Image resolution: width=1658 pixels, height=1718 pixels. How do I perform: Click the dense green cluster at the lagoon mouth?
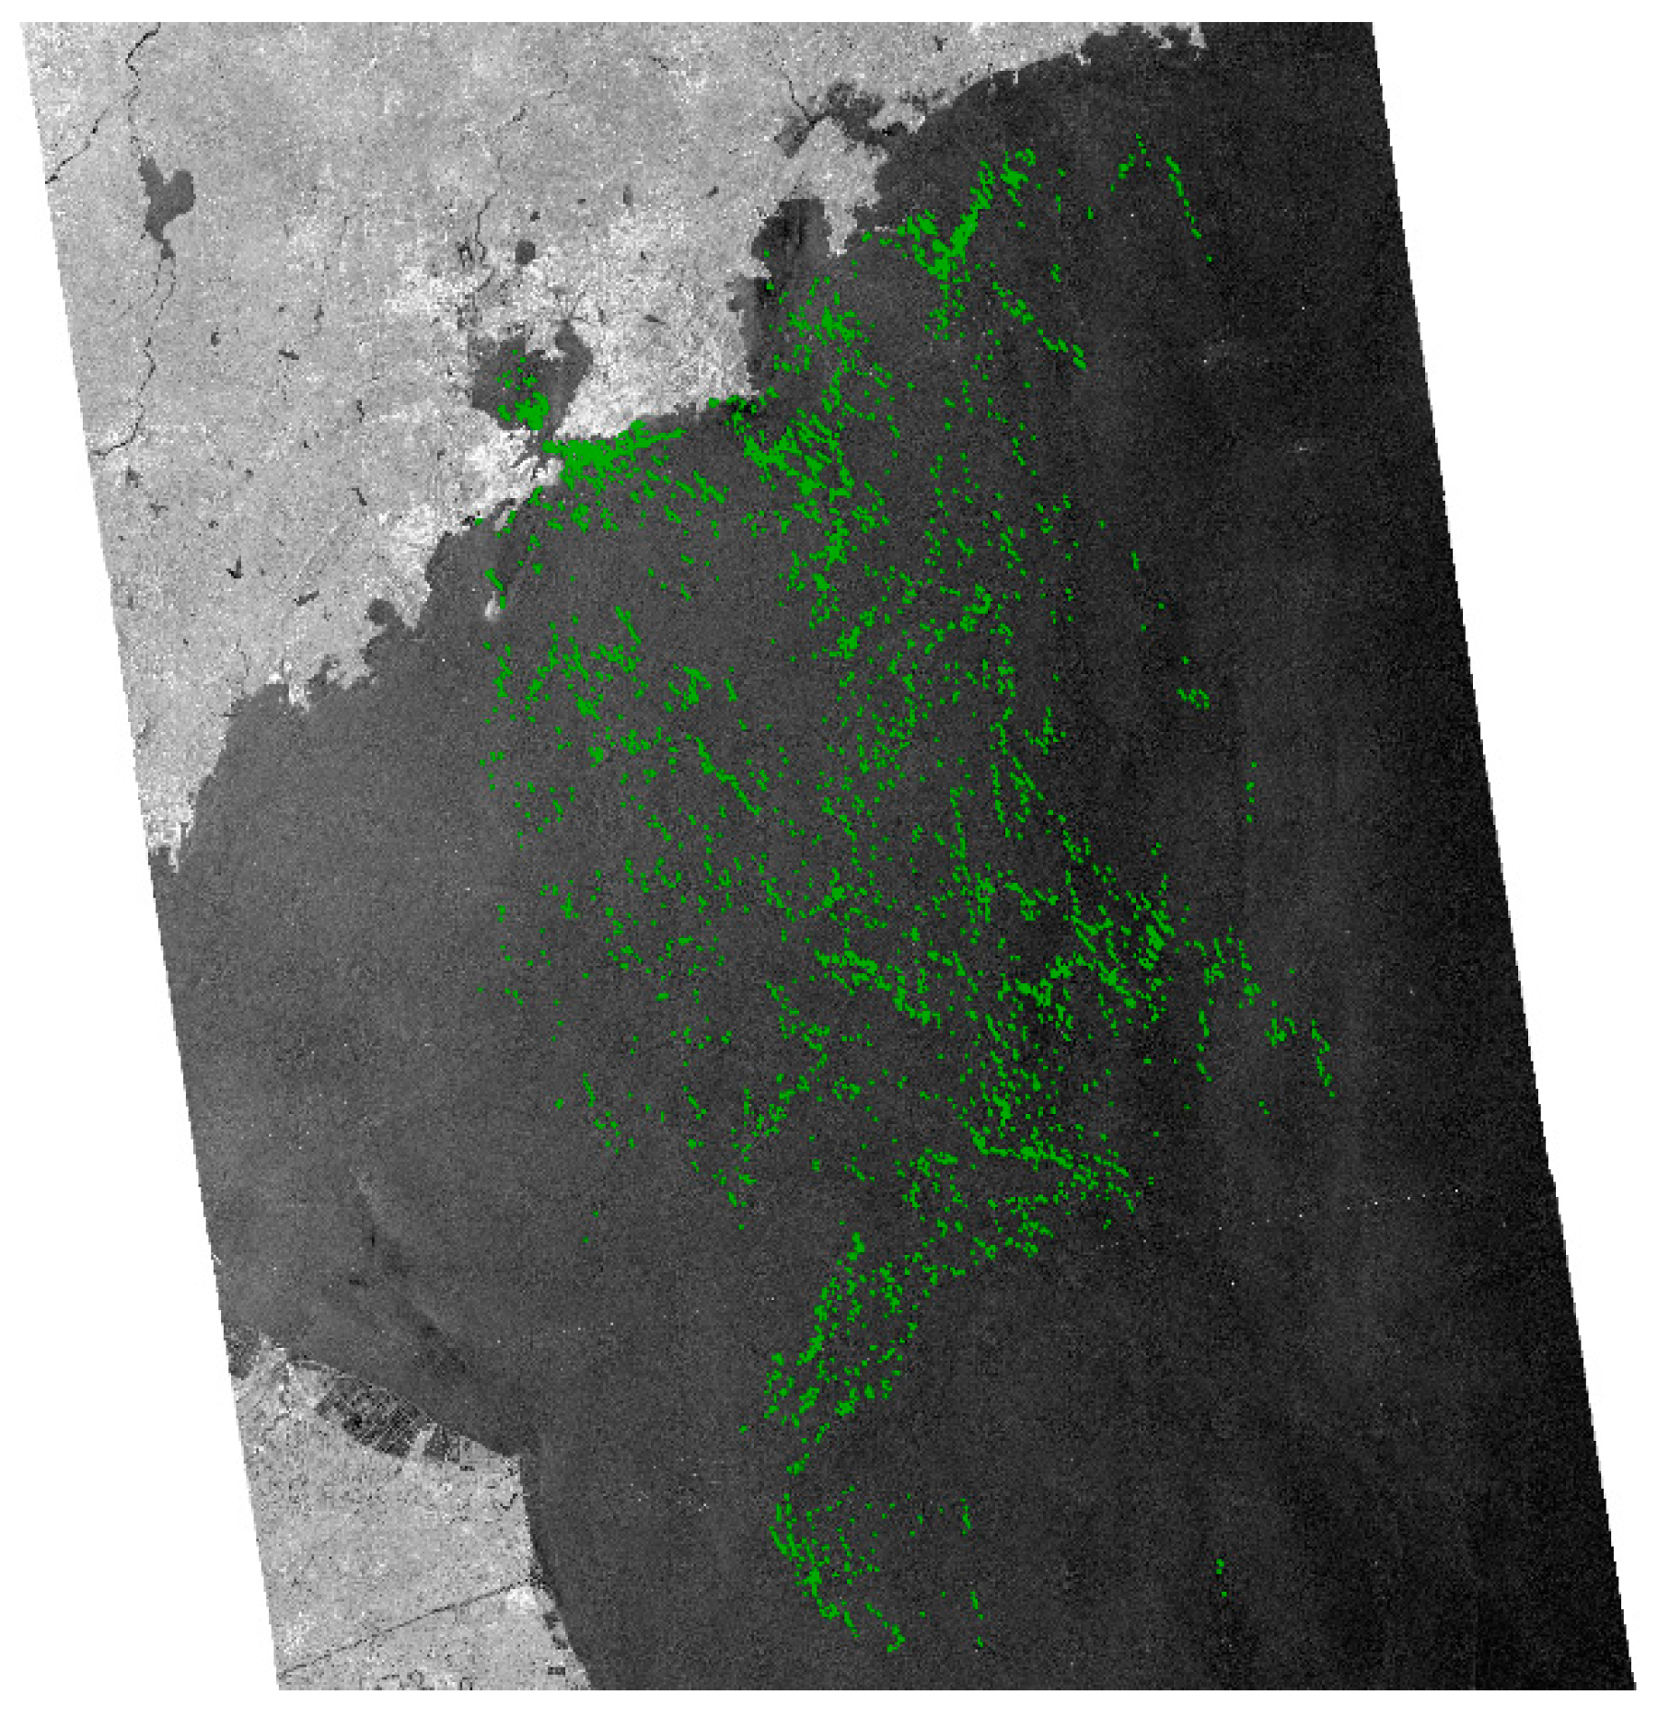click(x=589, y=456)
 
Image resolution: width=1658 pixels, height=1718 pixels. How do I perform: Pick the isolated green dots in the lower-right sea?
click(x=1221, y=1571)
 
